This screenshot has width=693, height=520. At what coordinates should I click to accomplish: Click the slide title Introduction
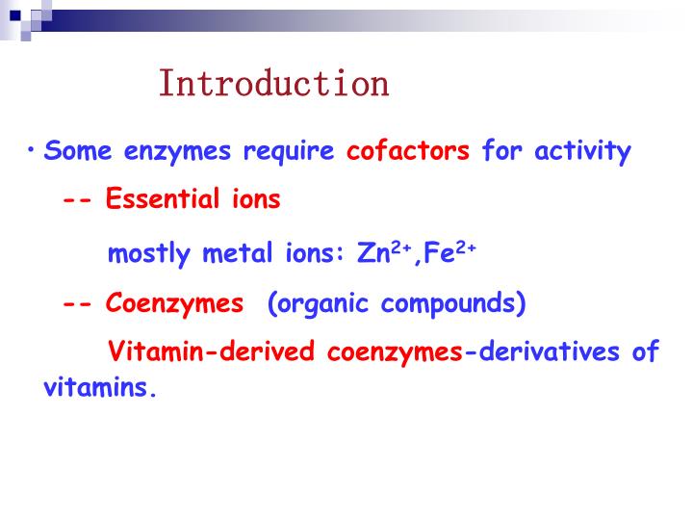coord(274,84)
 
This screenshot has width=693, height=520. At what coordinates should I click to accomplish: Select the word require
coord(288,152)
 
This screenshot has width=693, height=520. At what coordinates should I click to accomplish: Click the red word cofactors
coord(408,152)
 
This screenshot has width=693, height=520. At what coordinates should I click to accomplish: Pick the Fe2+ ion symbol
coord(449,252)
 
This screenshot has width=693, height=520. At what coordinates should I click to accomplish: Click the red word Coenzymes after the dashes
coord(174,304)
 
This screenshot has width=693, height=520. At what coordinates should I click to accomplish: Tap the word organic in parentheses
coord(319,304)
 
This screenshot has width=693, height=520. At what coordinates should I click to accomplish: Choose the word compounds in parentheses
coord(453,304)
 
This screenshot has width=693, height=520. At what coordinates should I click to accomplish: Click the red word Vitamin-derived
coord(210,351)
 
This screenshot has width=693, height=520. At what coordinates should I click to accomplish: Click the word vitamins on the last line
coord(99,389)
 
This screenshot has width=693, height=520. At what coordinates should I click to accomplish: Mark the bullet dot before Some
coord(32,150)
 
